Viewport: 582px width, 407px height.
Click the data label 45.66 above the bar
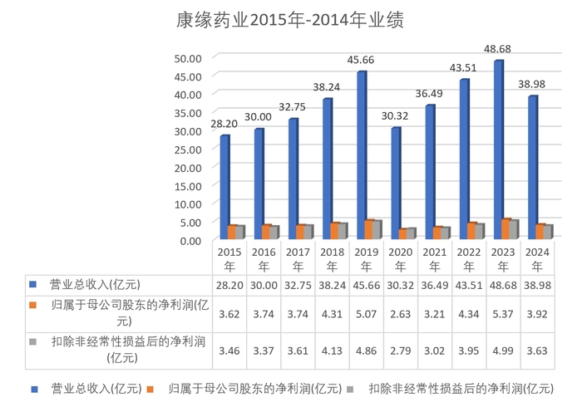363,60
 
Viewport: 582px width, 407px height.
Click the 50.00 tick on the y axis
188,58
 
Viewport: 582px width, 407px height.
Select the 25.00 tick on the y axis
188,149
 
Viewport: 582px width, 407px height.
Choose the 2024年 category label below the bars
536,258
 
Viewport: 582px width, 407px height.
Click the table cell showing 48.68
502,284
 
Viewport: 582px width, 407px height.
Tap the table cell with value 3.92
536,314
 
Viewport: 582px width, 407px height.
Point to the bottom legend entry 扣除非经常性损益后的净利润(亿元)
461,388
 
